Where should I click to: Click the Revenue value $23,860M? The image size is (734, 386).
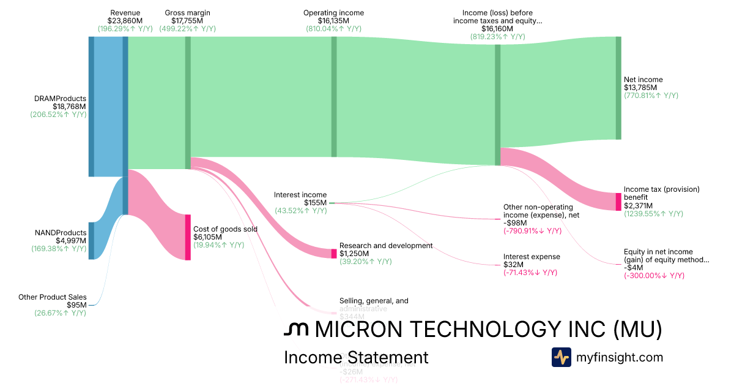click(125, 20)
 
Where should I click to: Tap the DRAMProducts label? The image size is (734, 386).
click(60, 98)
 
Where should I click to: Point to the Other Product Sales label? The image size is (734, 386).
click(52, 297)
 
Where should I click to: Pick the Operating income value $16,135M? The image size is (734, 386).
click(333, 20)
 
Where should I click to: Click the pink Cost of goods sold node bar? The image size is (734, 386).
click(188, 237)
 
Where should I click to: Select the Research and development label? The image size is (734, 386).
click(386, 245)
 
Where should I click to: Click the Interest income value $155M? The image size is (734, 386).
click(315, 203)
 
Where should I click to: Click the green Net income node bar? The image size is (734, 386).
click(618, 88)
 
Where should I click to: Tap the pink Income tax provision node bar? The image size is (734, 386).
click(618, 202)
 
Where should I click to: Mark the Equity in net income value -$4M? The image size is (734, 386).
click(634, 267)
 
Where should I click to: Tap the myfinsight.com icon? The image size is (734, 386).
click(562, 357)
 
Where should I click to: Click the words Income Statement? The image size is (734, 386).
click(356, 357)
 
